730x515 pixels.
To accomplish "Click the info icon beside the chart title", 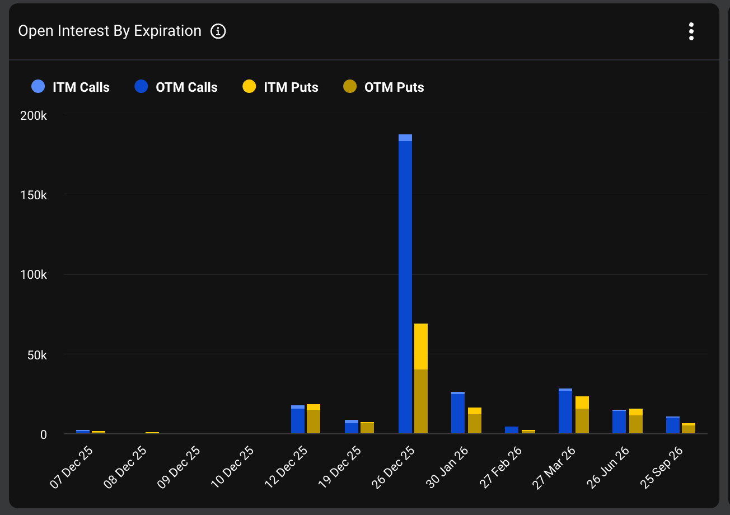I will point(218,31).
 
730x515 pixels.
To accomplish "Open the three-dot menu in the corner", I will point(691,31).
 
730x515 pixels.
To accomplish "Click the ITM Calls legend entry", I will point(71,87).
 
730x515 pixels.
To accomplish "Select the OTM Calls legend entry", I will point(176,87).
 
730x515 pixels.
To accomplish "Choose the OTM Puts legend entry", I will point(383,87).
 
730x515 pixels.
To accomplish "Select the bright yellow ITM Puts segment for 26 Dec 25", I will point(421,347).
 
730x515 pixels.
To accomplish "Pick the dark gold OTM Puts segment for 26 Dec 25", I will point(421,401).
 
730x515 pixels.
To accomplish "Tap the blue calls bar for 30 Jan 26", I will point(458,414).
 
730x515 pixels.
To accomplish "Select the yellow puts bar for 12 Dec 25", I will point(313,419).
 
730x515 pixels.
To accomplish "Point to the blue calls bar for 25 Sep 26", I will point(673,425).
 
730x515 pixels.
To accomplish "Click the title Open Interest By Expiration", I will point(110,31).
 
